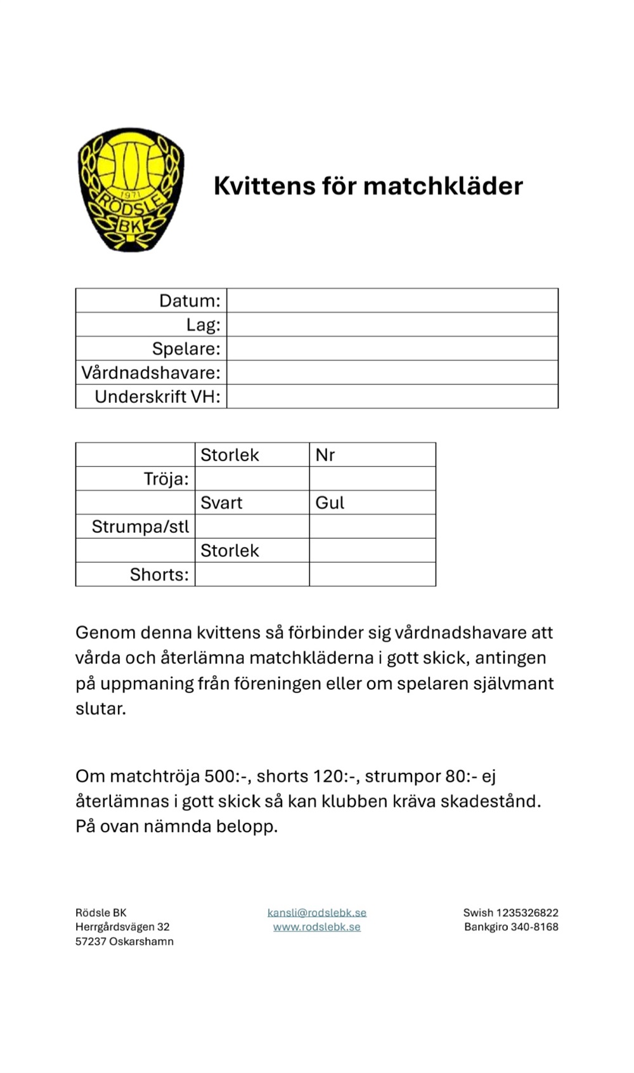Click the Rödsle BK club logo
131,189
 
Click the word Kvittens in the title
264,186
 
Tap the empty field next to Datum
392,300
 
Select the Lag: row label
203,325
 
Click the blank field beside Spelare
392,348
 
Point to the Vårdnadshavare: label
151,372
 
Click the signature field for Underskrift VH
392,397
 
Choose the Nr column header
325,455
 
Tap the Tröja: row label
166,478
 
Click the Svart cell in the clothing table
221,503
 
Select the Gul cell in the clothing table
330,503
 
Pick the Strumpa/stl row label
140,527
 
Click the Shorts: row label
159,574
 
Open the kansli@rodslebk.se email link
317,912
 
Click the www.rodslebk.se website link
317,926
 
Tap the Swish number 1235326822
527,912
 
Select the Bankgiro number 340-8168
534,926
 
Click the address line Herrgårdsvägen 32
122,926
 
